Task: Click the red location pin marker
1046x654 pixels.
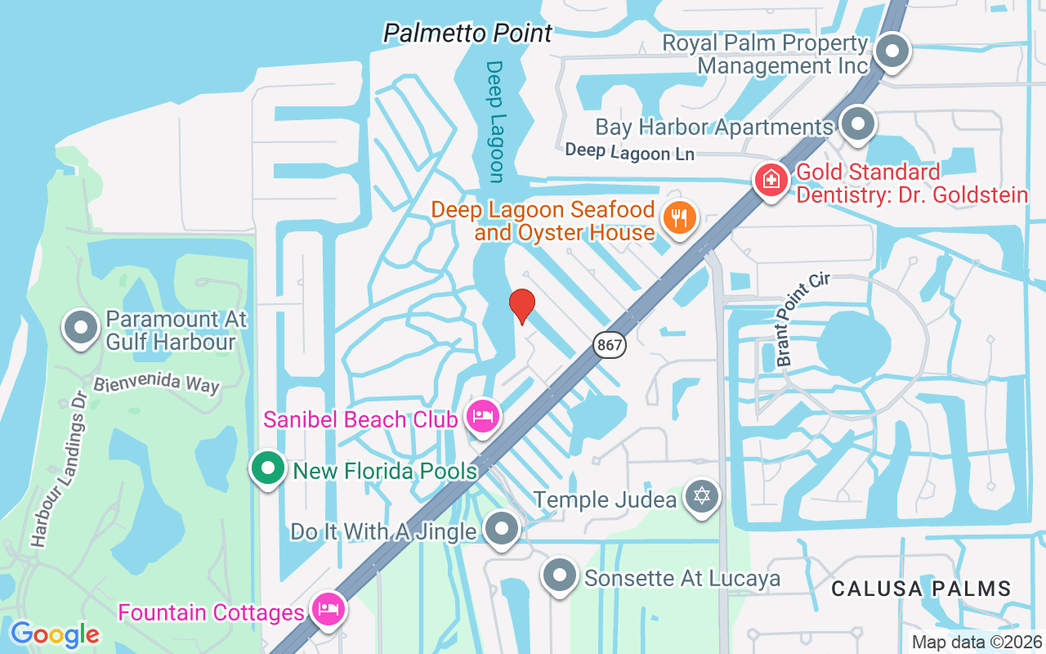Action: [x=522, y=307]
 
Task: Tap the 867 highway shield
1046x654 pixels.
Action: [x=610, y=346]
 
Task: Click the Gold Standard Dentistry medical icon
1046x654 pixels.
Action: [x=771, y=178]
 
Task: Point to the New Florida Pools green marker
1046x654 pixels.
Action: [x=267, y=469]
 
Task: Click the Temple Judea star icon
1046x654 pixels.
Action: [x=701, y=496]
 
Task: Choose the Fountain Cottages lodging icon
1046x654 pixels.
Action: [x=329, y=610]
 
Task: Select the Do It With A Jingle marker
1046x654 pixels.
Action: [x=501, y=529]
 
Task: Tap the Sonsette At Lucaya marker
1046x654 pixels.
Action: [x=560, y=576]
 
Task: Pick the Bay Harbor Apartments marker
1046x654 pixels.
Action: [x=857, y=125]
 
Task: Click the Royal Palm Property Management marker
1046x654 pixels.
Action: [x=892, y=51]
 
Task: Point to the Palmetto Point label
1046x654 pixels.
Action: [x=468, y=34]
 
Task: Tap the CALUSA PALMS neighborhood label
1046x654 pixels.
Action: [x=921, y=589]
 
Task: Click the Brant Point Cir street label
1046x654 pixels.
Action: [x=802, y=320]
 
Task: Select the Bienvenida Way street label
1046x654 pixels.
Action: [x=156, y=384]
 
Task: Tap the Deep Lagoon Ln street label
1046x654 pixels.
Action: [x=629, y=151]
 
